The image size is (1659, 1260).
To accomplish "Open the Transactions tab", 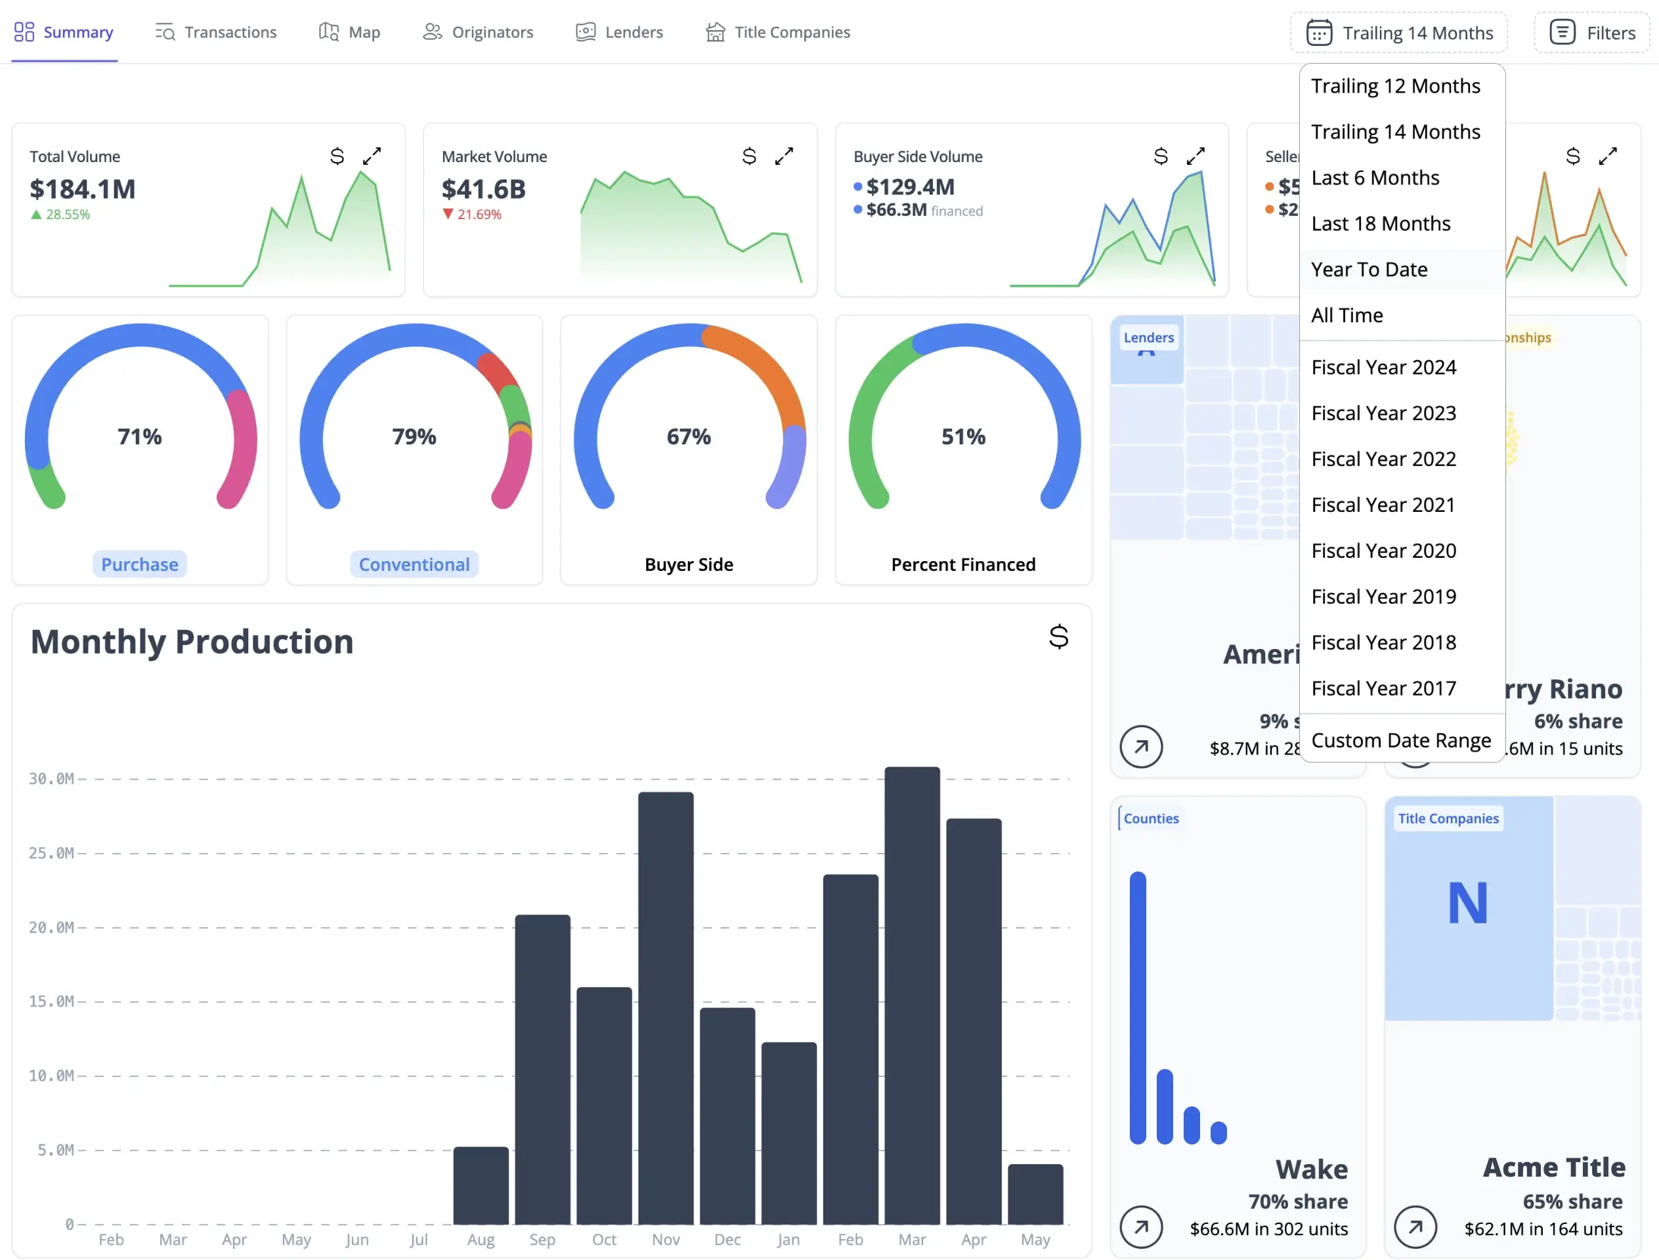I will coord(216,32).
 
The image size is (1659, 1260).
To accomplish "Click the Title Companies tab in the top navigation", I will coord(778,32).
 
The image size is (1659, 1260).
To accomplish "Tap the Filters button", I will coord(1592,32).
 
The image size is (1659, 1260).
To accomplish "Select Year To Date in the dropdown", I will coord(1369,269).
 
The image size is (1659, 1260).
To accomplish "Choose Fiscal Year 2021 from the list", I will coord(1383,505).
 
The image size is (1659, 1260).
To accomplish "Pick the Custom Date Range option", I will coord(1400,740).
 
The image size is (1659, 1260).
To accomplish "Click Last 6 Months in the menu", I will coord(1375,178).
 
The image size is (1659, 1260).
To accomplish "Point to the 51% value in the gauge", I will coord(964,436).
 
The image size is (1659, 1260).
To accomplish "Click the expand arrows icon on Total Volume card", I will coord(372,156).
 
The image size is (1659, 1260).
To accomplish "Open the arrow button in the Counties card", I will coord(1140,1227).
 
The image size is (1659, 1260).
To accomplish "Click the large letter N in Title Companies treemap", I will coord(1467,902).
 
